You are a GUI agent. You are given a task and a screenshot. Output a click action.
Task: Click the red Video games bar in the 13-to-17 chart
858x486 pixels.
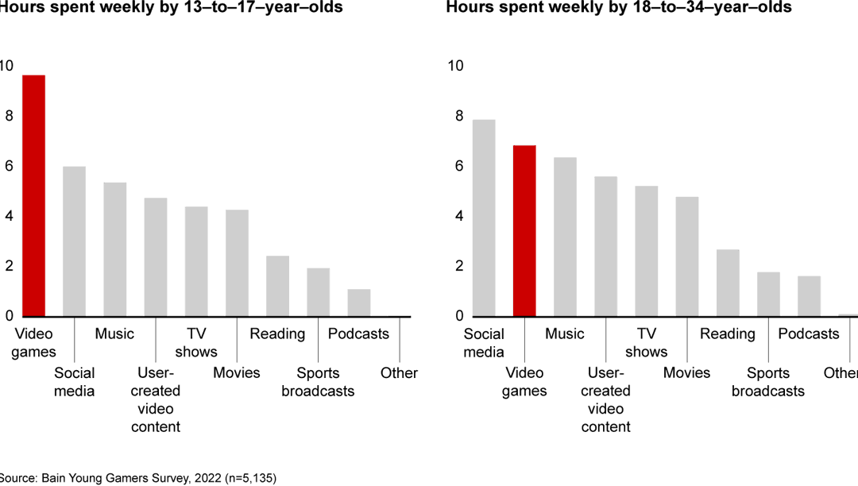pyautogui.click(x=33, y=196)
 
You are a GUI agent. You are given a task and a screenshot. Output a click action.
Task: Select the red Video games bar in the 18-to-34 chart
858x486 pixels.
pyautogui.click(x=524, y=231)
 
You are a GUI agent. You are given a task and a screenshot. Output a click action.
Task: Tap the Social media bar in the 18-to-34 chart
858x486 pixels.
pyautogui.click(x=484, y=218)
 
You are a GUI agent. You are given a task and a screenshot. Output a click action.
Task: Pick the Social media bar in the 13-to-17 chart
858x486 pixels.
pyautogui.click(x=74, y=241)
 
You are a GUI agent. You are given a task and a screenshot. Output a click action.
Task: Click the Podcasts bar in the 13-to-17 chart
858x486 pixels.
pyautogui.click(x=359, y=303)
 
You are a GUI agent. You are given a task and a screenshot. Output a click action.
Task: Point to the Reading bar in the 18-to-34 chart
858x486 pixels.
pyautogui.click(x=728, y=283)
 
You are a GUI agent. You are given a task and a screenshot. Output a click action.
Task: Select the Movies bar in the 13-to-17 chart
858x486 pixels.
pyautogui.click(x=237, y=263)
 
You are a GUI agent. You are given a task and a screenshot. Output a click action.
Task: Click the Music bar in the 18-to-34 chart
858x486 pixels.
pyautogui.click(x=565, y=237)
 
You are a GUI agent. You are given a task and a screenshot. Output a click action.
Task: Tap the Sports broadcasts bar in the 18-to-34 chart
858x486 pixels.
pyautogui.click(x=768, y=294)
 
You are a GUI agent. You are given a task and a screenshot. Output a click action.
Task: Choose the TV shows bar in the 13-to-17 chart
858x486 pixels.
pyautogui.click(x=196, y=261)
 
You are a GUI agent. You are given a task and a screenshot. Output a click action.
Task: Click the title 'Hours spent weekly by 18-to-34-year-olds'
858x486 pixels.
pyautogui.click(x=619, y=8)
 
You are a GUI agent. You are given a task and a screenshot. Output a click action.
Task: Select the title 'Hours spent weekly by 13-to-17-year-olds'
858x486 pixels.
pyautogui.click(x=171, y=8)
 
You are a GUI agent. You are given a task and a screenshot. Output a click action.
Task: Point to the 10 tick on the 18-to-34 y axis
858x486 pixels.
pyautogui.click(x=455, y=66)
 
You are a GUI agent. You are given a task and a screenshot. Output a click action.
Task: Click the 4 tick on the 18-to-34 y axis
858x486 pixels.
pyautogui.click(x=458, y=216)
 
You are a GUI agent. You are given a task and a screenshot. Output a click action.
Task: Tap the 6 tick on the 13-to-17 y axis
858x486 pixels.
pyautogui.click(x=8, y=166)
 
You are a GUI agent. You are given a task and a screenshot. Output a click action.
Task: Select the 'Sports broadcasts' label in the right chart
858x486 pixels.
pyautogui.click(x=768, y=382)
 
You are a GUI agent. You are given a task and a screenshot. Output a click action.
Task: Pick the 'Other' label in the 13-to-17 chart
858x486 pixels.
pyautogui.click(x=399, y=373)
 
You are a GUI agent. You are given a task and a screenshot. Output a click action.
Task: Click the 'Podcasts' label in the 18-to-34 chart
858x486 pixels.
pyautogui.click(x=809, y=334)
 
